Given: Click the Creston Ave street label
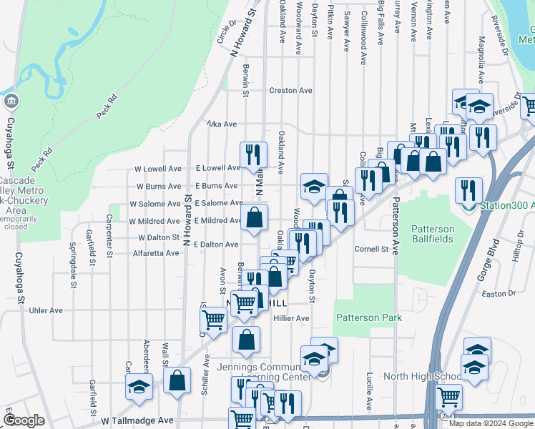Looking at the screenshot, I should (290, 91).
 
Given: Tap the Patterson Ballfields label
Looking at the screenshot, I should (432, 234).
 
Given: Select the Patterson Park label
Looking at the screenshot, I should (368, 317).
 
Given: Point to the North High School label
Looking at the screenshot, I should (423, 377).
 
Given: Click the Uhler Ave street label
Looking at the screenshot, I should (46, 310).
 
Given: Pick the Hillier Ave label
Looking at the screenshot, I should (290, 318).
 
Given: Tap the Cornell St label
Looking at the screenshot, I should (376, 250).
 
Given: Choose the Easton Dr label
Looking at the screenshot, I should (499, 293).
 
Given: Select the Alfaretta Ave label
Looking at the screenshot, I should (156, 253).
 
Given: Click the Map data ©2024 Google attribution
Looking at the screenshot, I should (491, 423).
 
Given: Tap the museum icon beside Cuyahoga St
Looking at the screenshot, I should (11, 102).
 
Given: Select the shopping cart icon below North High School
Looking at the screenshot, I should (448, 395).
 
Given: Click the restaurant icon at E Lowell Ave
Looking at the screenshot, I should (252, 154).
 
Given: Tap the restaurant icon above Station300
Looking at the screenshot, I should (469, 190).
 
